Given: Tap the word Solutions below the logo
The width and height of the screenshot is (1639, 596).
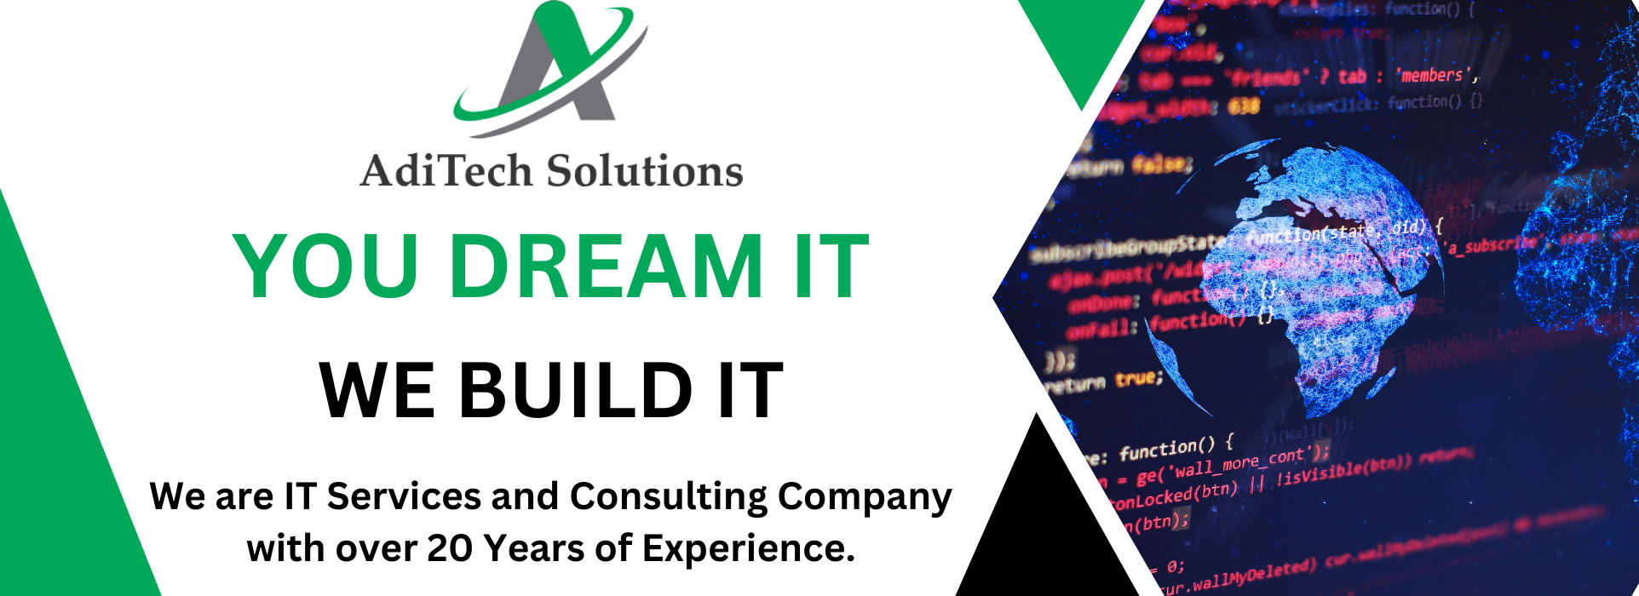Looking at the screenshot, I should [644, 170].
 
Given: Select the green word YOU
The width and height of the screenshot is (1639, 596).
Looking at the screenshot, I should [325, 267].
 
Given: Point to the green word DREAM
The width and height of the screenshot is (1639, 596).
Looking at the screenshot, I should [606, 267].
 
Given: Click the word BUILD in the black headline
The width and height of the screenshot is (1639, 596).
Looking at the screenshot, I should [576, 391].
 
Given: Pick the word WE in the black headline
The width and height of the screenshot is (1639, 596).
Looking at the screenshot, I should [377, 391].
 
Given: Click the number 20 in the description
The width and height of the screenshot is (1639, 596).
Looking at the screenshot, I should [449, 548].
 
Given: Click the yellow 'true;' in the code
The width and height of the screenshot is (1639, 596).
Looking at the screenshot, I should [1139, 378].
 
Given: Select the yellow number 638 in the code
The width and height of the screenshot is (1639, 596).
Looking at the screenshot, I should [1244, 106].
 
